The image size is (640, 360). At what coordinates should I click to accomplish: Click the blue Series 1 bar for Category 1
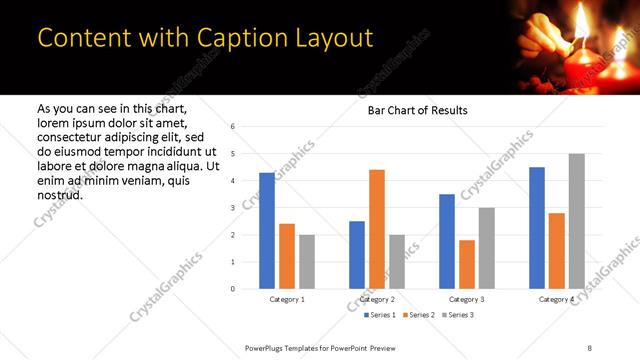267,231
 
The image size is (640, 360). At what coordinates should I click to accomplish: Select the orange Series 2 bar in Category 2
377,229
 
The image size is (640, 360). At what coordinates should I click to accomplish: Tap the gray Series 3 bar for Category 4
576,221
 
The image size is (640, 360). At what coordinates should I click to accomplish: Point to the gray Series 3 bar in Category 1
306,262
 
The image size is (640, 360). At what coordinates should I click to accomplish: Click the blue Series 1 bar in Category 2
357,255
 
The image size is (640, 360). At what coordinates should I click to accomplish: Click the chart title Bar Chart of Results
411,110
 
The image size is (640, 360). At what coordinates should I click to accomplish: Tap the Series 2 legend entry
418,315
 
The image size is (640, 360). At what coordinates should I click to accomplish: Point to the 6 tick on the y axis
232,127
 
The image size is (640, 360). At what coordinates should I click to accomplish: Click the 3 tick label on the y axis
232,208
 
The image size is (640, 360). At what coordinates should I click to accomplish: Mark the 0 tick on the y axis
232,289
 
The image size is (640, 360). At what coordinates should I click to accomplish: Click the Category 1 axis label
287,299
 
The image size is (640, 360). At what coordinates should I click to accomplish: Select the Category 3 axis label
466,299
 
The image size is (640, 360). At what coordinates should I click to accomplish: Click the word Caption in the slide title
226,38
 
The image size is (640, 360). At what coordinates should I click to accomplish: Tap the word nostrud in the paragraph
59,194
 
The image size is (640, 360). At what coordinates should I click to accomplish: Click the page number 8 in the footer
590,346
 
